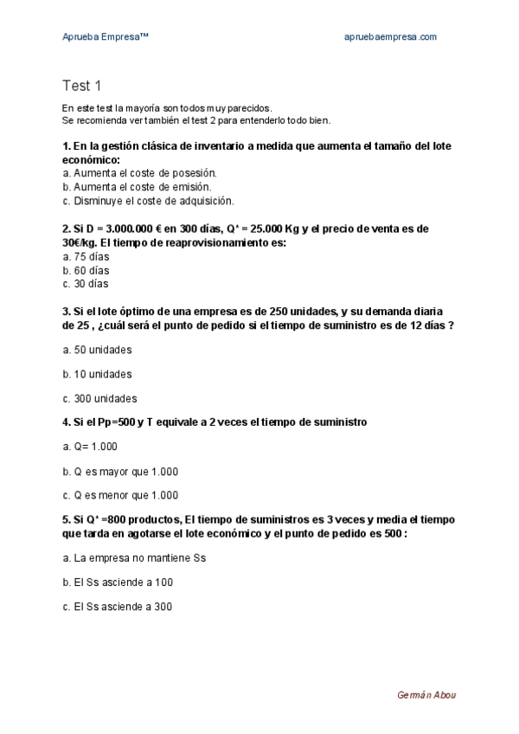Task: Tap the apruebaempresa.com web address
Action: (390, 36)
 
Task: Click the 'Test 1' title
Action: (82, 85)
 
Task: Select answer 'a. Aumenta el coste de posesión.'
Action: (138, 173)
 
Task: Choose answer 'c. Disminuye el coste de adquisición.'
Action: (148, 201)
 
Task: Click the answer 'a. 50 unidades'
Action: (97, 350)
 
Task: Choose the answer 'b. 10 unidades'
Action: (97, 374)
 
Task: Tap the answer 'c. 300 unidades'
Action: (99, 399)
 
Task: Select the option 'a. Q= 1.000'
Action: (90, 447)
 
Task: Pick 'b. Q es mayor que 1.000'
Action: (120, 471)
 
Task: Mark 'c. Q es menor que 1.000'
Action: (120, 496)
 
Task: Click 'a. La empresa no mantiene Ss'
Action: (134, 558)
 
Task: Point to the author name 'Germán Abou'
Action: (426, 695)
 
